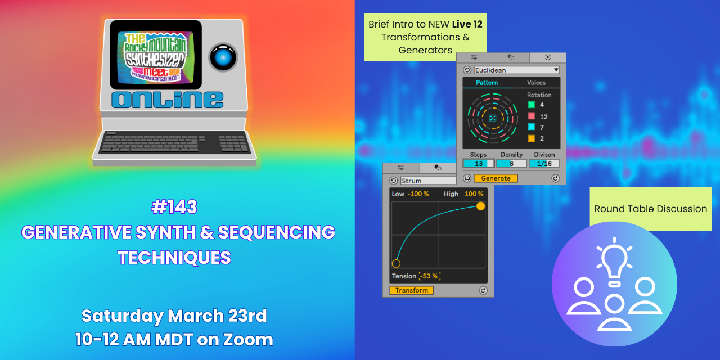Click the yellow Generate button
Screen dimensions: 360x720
[496, 178]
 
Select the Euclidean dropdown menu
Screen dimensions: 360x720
[516, 70]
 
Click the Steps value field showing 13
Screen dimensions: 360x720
[478, 164]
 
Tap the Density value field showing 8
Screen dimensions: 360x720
[511, 164]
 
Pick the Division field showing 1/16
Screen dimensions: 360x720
[544, 164]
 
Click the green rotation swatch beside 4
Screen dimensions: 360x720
[531, 105]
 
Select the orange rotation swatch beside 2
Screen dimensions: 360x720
[531, 138]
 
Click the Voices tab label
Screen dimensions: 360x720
[536, 83]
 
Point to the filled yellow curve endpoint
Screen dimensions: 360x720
[480, 206]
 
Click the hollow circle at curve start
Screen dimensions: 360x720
[396, 263]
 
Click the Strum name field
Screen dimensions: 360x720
[427, 181]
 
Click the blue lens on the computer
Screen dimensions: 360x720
[223, 57]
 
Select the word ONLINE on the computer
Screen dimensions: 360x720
[167, 100]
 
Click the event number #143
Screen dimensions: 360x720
[174, 207]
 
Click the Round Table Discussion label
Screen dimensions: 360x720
[651, 209]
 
